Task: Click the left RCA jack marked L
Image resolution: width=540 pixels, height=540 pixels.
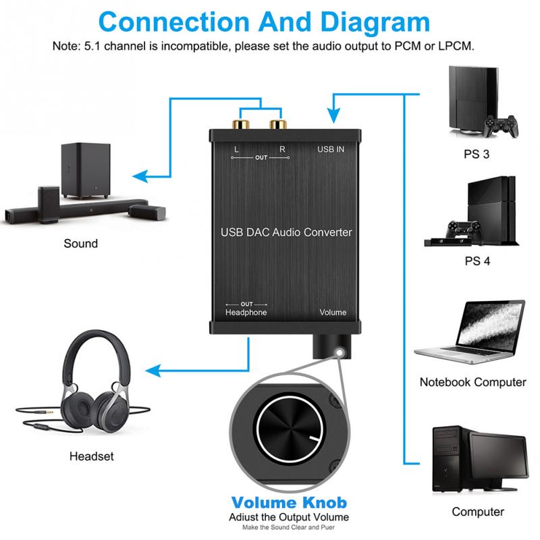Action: point(242,125)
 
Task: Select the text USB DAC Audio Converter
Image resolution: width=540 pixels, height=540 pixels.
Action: point(286,232)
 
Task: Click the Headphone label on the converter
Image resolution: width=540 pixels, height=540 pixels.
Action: point(246,313)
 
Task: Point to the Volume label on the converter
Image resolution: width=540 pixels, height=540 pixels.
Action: point(333,313)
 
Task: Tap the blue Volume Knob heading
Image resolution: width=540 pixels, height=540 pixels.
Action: point(288,503)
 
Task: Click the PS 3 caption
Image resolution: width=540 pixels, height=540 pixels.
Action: point(477,154)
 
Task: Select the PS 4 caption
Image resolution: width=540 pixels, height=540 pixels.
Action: point(477,260)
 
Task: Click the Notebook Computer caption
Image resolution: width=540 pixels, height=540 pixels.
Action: point(473,382)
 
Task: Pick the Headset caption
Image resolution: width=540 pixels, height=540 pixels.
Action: point(91,456)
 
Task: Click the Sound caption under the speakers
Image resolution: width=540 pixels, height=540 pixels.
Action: point(80,244)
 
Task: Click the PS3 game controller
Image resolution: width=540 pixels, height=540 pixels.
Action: point(498,126)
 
